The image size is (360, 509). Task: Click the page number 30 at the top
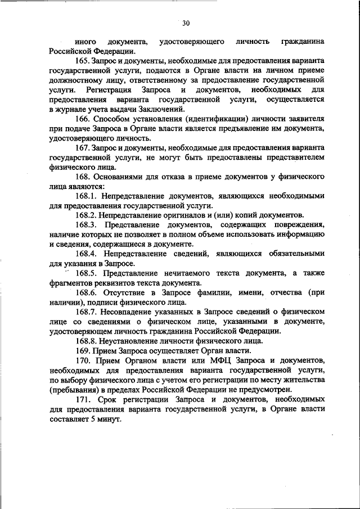(186, 23)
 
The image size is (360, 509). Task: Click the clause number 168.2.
(85, 216)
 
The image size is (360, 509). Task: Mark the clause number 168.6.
(85, 294)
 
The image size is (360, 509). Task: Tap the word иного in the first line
(84, 42)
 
